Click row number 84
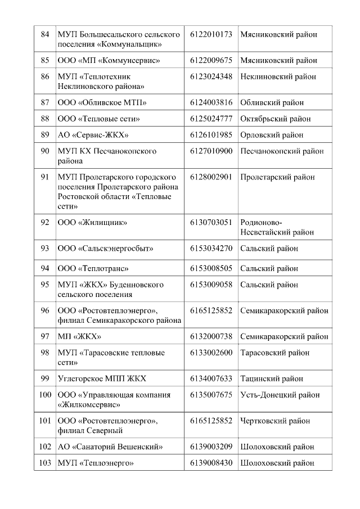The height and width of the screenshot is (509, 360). pos(45,35)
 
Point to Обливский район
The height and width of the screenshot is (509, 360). pos(272,102)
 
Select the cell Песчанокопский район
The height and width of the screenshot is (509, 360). pos(282,151)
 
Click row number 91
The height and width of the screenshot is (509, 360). pos(45,177)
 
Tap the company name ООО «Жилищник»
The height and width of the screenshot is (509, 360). pos(92,222)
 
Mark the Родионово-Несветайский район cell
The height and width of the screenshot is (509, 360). pos(277,227)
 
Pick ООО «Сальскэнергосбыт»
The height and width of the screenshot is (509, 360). pos(106,248)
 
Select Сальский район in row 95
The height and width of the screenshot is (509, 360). pos(269,285)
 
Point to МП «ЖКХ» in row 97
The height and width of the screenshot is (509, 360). pos(79,336)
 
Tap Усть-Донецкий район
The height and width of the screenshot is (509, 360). pos(276,395)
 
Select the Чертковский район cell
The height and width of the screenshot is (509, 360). pos(274,421)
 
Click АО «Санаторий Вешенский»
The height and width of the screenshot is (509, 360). pos(110,447)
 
